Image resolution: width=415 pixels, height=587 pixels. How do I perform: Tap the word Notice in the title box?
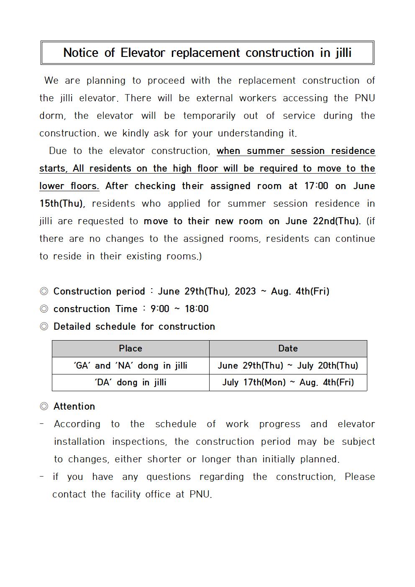coord(81,53)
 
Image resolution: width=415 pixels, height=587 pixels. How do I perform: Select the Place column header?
coord(131,349)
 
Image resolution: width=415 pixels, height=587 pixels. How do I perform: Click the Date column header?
coord(288,349)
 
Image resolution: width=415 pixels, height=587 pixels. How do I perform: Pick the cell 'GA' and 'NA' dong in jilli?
coord(131,366)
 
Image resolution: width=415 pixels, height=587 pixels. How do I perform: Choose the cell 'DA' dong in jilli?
coord(131,382)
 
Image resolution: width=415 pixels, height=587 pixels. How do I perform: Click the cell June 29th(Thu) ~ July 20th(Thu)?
coord(288,366)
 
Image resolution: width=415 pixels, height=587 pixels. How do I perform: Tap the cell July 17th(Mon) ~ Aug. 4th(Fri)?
coord(288,382)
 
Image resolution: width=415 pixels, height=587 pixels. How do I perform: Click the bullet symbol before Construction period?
coord(44,291)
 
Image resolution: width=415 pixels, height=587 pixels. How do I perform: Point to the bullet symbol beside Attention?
coord(44,406)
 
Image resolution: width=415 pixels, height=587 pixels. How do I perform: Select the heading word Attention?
coord(74,406)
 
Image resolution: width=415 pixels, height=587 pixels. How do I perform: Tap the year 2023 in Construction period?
coord(245,291)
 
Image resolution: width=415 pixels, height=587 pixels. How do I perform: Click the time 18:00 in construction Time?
coord(197,309)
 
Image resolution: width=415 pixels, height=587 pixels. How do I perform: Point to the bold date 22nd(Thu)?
coord(336,221)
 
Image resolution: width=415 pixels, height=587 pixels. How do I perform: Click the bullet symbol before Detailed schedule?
coord(44,326)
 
